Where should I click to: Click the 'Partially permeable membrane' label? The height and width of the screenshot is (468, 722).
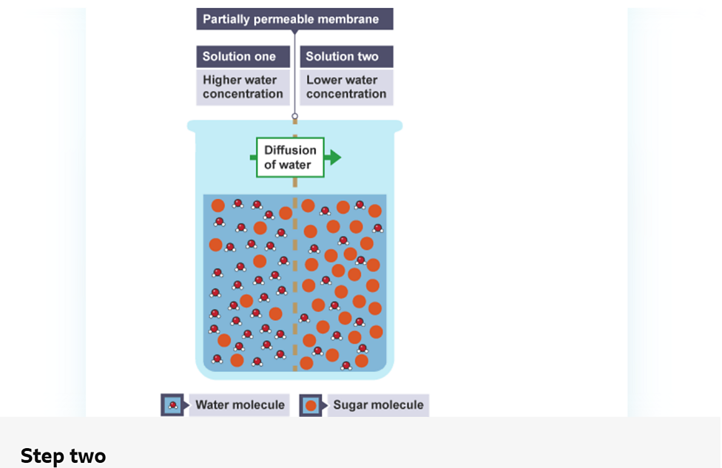pyautogui.click(x=294, y=19)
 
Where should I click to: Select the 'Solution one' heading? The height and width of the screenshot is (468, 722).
pyautogui.click(x=240, y=57)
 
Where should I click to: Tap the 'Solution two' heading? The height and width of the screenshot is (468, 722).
pyautogui.click(x=342, y=57)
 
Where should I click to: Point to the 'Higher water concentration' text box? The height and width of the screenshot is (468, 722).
pyautogui.click(x=243, y=87)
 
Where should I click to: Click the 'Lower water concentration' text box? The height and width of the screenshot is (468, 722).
pyautogui.click(x=346, y=87)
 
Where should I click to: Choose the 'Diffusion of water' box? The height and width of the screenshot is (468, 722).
pyautogui.click(x=290, y=157)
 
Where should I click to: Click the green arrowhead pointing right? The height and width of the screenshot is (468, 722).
pyautogui.click(x=334, y=157)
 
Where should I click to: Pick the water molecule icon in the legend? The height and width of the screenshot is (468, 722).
pyautogui.click(x=172, y=405)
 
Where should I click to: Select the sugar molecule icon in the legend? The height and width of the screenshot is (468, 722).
pyautogui.click(x=311, y=405)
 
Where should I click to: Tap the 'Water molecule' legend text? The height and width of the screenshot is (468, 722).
pyautogui.click(x=240, y=405)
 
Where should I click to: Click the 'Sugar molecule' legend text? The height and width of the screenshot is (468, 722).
pyautogui.click(x=378, y=405)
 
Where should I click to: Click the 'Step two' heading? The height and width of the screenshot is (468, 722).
pyautogui.click(x=63, y=455)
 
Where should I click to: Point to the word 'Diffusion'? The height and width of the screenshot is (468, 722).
pyautogui.click(x=290, y=150)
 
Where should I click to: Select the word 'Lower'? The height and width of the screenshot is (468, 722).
pyautogui.click(x=323, y=80)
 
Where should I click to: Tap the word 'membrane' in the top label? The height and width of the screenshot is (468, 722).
pyautogui.click(x=351, y=19)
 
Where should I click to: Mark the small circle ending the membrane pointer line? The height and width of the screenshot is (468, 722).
pyautogui.click(x=294, y=116)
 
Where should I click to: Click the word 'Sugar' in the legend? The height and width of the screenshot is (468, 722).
pyautogui.click(x=351, y=405)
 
